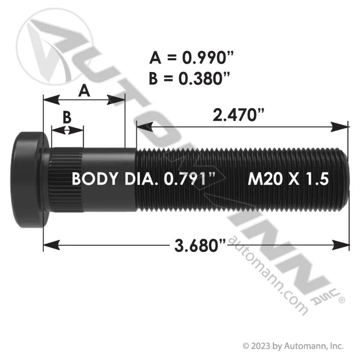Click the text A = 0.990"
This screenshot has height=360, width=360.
(x=192, y=58)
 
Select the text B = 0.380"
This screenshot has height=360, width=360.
(x=189, y=78)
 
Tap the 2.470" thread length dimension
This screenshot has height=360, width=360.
(x=238, y=115)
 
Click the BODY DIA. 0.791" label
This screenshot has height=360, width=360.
(x=144, y=179)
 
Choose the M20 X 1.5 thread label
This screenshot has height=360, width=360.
(x=288, y=179)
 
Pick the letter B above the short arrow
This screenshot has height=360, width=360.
(x=67, y=117)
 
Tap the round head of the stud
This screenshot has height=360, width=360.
(x=30, y=180)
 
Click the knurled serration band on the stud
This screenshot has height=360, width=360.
(x=66, y=180)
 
